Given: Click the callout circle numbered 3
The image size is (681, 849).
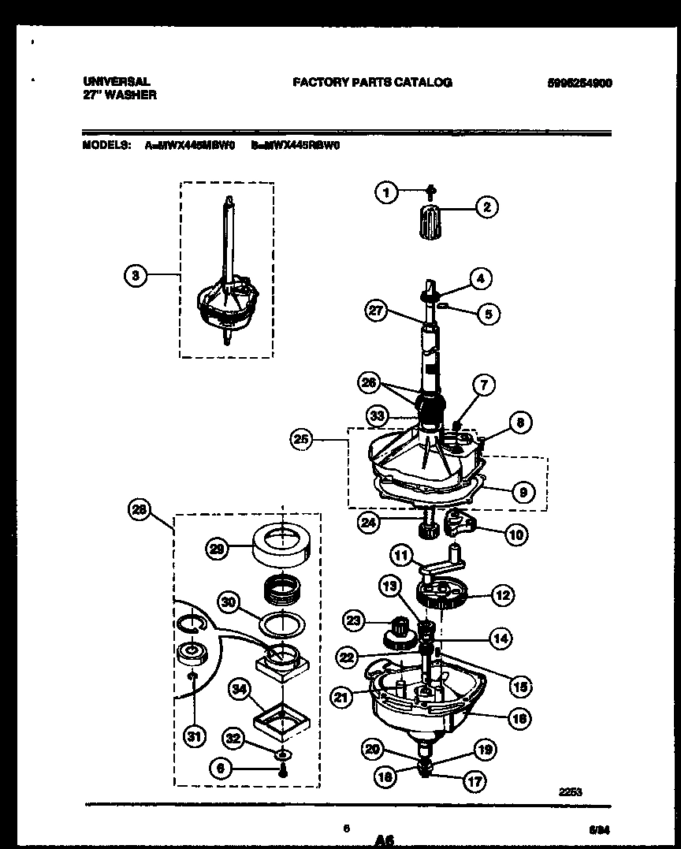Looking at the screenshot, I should tap(136, 275).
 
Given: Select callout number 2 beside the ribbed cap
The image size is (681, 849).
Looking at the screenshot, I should tap(486, 207).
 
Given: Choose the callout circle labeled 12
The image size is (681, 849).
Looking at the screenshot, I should tap(502, 596).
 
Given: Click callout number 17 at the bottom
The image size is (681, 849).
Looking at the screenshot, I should tap(474, 781).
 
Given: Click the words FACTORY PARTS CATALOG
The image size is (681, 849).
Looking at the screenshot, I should tap(372, 82).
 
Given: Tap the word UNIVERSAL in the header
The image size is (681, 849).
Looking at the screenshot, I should tap(116, 81).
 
